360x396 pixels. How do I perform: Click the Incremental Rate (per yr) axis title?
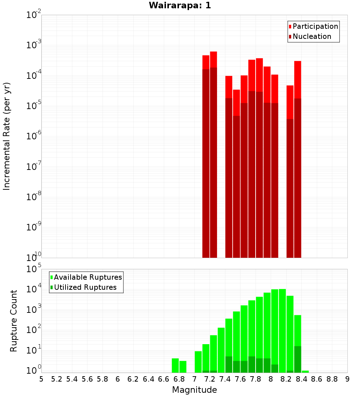pos(7,136)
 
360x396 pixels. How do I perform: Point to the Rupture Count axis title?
pos(14,321)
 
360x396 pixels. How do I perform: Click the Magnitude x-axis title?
pos(194,390)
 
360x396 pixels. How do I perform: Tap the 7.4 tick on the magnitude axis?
pos(225,379)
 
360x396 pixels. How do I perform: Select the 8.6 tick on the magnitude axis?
pos(317,379)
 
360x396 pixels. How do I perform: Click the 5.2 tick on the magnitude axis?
pos(57,379)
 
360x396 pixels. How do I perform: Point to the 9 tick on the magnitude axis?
pos(347,379)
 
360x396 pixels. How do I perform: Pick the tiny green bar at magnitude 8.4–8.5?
pos(305,372)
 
